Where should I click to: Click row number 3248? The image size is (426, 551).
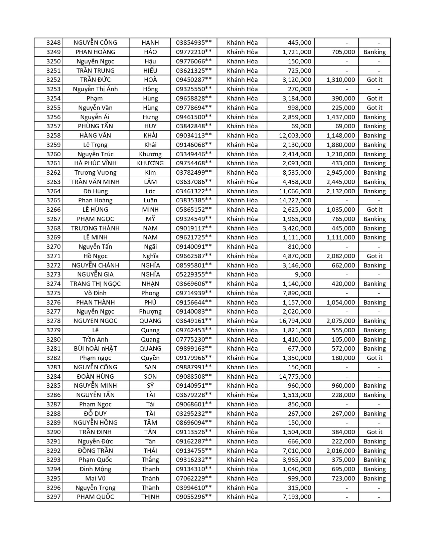(x=53, y=43)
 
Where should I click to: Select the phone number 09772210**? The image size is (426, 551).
(x=194, y=52)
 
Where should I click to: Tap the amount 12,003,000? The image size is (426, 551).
(x=295, y=136)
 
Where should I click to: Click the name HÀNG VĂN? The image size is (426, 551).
(x=95, y=136)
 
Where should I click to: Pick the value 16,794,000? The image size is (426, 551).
(x=295, y=321)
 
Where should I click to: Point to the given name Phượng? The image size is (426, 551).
(x=150, y=312)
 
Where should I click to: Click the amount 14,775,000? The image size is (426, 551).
(x=295, y=377)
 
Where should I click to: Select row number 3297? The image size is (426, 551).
(x=53, y=497)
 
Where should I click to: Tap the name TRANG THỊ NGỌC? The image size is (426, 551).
(x=95, y=284)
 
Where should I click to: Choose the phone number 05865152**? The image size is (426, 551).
(x=194, y=210)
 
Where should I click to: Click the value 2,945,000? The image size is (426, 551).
(x=340, y=173)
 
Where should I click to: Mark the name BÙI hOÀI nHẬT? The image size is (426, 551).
(x=95, y=349)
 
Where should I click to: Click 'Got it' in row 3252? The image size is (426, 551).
(x=375, y=80)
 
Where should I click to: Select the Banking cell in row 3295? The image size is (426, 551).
(x=375, y=479)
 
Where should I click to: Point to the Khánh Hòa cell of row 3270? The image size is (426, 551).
(x=242, y=247)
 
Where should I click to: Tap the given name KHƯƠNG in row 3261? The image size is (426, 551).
(x=150, y=163)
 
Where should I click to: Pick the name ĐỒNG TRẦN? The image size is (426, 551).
(x=95, y=451)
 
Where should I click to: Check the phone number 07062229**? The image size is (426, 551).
(x=194, y=479)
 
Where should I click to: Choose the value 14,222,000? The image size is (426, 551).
(x=295, y=200)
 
